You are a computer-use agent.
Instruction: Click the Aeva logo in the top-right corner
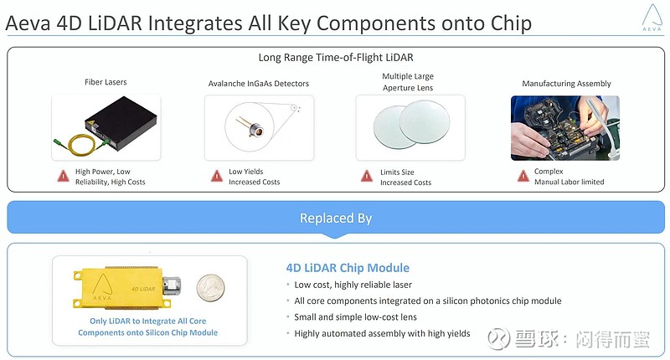pyautogui.click(x=652, y=17)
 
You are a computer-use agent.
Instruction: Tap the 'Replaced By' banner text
pyautogui.click(x=336, y=218)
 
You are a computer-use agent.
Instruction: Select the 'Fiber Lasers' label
pyautogui.click(x=106, y=82)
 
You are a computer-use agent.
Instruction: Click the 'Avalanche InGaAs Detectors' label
pyautogui.click(x=259, y=84)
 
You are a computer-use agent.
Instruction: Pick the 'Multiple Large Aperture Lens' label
pyautogui.click(x=408, y=82)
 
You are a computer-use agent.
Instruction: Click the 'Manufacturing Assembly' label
pyautogui.click(x=566, y=84)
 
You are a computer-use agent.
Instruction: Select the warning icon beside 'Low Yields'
pyautogui.click(x=217, y=176)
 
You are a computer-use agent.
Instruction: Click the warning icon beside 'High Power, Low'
pyautogui.click(x=64, y=176)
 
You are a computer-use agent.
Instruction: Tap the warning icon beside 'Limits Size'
pyautogui.click(x=367, y=176)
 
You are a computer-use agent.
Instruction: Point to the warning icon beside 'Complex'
pyautogui.click(x=523, y=176)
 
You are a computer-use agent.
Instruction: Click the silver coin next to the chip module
pyautogui.click(x=210, y=288)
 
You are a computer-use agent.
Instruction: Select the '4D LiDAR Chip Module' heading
pyautogui.click(x=348, y=268)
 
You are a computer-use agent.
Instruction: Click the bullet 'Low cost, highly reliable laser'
pyautogui.click(x=353, y=285)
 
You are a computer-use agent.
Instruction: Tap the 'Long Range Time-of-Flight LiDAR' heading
pyautogui.click(x=336, y=58)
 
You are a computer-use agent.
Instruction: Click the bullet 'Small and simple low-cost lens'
pyautogui.click(x=355, y=317)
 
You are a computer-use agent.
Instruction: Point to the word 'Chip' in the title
pyautogui.click(x=511, y=23)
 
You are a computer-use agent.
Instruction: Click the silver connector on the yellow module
pyautogui.click(x=172, y=286)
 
